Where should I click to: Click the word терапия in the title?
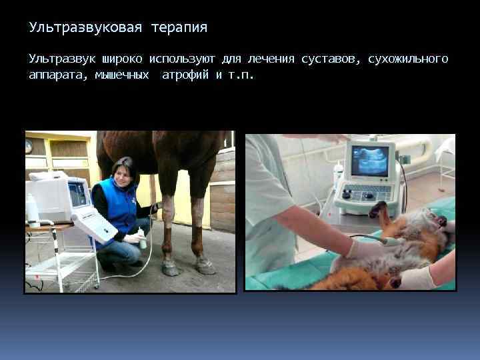coord(179,28)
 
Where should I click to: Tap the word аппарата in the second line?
coord(57,75)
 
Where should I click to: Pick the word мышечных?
coord(122,75)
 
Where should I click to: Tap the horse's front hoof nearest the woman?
coord(171,269)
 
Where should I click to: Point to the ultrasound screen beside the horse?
coord(78,195)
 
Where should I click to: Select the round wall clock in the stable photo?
coord(29,146)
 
